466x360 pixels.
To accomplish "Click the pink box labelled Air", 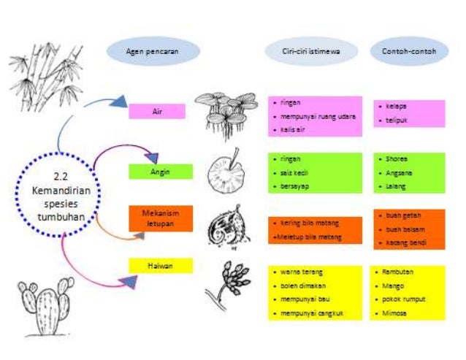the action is pyautogui.click(x=156, y=112).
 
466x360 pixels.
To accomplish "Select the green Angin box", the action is pyautogui.click(x=160, y=172).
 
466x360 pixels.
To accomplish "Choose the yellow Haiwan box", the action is pyautogui.click(x=160, y=266).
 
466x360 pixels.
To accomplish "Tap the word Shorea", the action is pyautogui.click(x=397, y=158).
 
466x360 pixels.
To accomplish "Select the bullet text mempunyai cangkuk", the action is pyautogui.click(x=311, y=313).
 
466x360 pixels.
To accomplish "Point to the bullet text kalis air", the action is pyautogui.click(x=292, y=129).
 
